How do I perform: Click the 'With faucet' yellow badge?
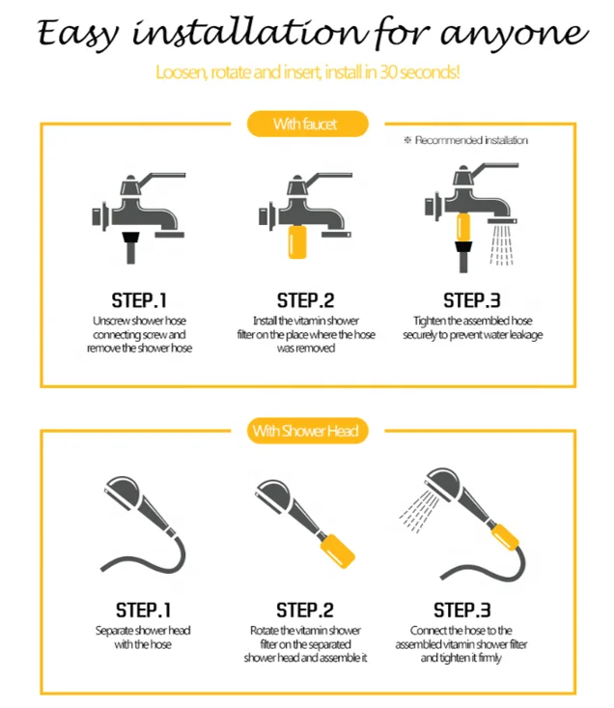click(307, 124)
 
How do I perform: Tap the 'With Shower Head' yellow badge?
click(307, 431)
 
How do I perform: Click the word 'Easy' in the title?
click(77, 35)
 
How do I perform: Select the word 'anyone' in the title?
click(515, 35)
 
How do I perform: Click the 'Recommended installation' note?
click(465, 140)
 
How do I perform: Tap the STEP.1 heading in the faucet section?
click(139, 300)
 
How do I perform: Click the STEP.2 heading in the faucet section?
click(305, 300)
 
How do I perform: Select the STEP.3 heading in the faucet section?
click(472, 300)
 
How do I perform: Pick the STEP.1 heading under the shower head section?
click(144, 610)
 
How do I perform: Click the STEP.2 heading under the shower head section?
click(305, 610)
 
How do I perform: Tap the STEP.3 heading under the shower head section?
click(462, 610)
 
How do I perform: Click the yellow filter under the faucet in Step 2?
click(297, 242)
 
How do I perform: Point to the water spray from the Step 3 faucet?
click(502, 245)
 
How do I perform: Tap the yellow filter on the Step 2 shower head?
click(337, 550)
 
